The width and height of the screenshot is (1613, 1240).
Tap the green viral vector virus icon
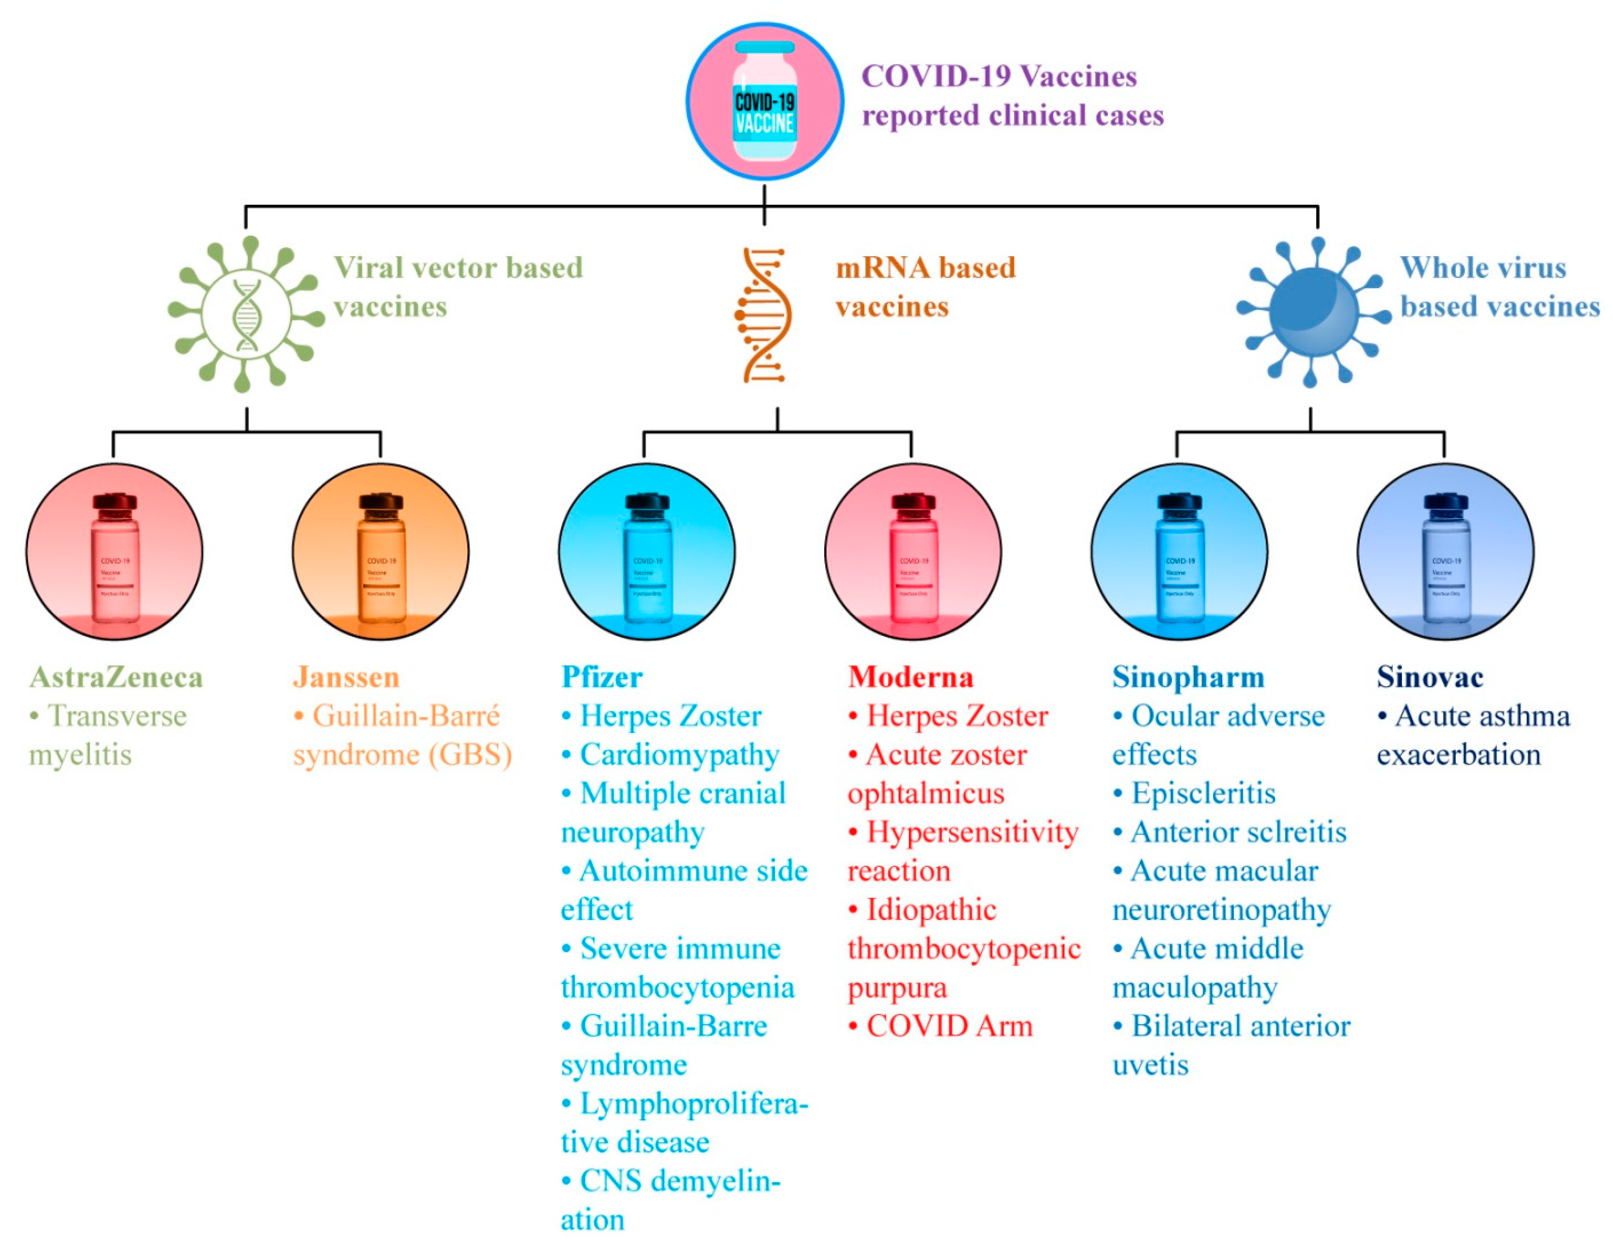pos(246,314)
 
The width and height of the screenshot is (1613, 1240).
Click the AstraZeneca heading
pos(116,677)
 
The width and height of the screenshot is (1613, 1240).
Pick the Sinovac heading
pos(1429,677)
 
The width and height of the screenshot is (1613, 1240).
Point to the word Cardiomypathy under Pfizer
pos(679,754)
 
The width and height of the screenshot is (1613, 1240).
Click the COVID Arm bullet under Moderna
pos(949,1026)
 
